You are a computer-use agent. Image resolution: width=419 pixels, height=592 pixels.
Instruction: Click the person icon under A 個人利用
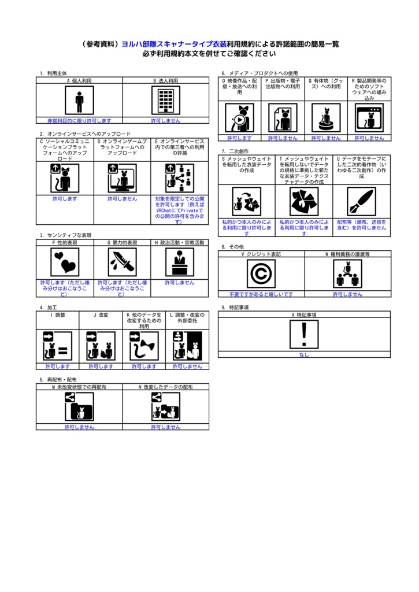(x=79, y=100)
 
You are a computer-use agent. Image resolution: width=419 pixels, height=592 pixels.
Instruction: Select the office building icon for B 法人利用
(x=166, y=100)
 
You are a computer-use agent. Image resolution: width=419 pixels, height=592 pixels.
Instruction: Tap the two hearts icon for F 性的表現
(x=65, y=262)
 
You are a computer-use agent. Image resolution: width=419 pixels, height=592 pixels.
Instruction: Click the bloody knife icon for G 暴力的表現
(x=123, y=262)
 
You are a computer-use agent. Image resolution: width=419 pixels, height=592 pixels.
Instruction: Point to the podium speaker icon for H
(x=180, y=262)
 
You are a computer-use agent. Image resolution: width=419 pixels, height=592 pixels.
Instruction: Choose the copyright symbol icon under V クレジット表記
(x=261, y=273)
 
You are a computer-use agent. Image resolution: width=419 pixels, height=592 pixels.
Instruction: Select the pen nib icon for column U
(x=362, y=202)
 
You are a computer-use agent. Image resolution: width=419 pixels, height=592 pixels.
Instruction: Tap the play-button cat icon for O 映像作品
(x=239, y=118)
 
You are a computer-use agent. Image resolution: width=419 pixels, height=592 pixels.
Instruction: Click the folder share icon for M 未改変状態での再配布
(x=79, y=406)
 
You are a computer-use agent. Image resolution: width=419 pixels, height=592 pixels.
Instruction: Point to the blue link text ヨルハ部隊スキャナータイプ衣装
(x=174, y=44)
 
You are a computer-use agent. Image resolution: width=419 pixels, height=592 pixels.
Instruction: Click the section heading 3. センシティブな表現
(x=66, y=235)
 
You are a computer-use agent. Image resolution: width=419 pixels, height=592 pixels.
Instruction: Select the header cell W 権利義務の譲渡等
(x=348, y=254)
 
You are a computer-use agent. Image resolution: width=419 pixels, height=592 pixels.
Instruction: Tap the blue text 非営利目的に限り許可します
(x=79, y=121)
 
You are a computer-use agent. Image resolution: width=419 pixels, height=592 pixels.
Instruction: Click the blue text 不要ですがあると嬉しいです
(x=261, y=294)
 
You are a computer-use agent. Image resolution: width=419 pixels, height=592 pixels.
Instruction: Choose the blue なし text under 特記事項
(x=304, y=355)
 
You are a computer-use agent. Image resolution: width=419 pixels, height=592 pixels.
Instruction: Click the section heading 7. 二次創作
(x=235, y=151)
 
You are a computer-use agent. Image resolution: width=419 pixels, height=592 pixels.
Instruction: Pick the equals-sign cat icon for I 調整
(x=58, y=346)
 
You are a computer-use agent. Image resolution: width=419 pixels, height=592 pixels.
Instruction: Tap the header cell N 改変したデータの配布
(x=166, y=387)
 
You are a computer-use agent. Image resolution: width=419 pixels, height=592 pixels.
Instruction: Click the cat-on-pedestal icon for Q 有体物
(x=326, y=118)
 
